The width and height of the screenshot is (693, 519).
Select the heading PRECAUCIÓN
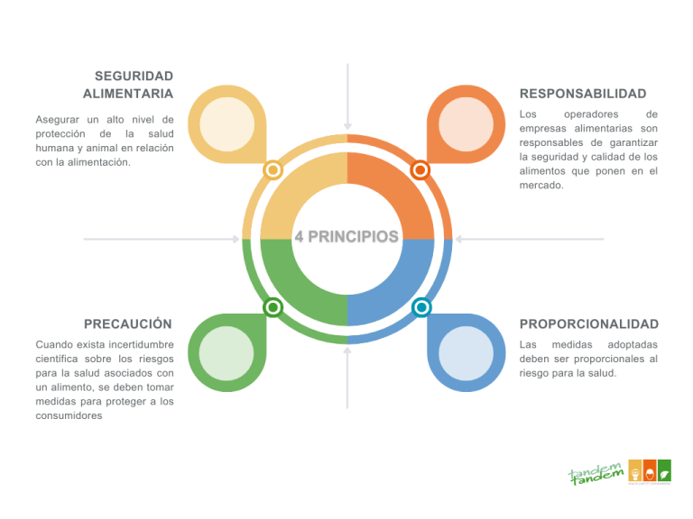[128, 323]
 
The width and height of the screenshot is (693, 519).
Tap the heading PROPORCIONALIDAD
[589, 323]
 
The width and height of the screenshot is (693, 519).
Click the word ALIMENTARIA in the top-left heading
[128, 94]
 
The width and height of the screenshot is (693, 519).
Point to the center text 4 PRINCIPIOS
[346, 238]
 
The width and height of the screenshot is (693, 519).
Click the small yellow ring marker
[273, 170]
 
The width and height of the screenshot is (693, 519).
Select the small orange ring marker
[420, 170]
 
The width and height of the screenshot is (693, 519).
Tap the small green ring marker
[273, 308]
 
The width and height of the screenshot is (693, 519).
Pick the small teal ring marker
[420, 308]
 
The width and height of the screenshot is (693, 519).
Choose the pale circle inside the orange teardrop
[467, 123]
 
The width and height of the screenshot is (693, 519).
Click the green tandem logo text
[596, 472]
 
